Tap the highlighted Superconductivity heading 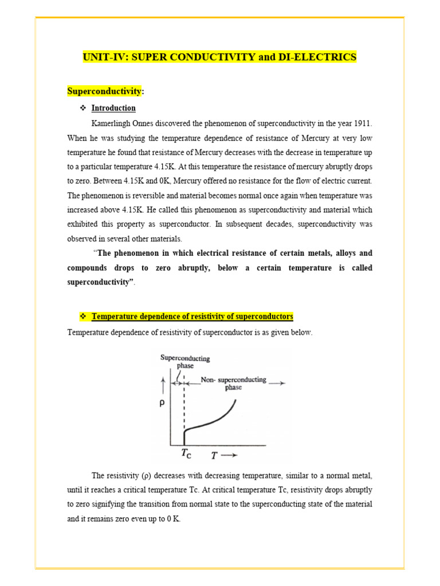(x=104, y=91)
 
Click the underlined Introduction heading (x=113, y=108)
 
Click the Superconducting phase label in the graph (x=184, y=362)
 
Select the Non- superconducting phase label (x=233, y=383)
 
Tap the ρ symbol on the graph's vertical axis (x=162, y=403)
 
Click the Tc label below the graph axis (x=186, y=454)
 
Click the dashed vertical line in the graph (x=183, y=406)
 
